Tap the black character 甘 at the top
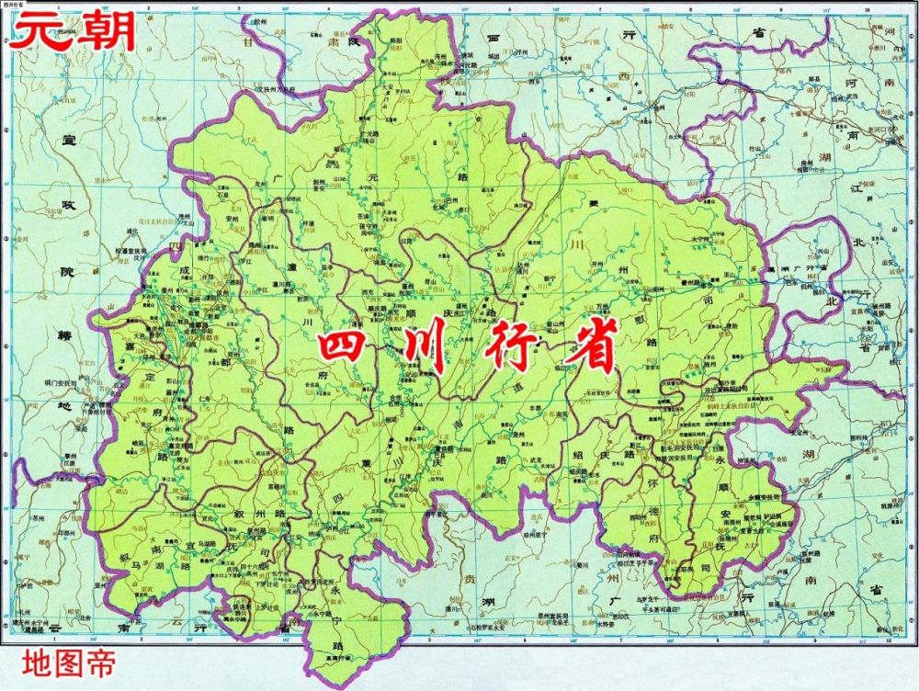[246, 42]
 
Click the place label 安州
[231, 221]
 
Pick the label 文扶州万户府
[274, 90]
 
